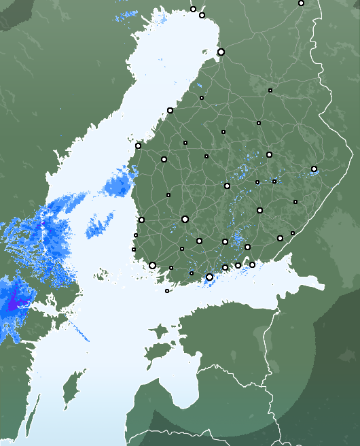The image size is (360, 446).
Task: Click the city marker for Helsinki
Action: (209, 277)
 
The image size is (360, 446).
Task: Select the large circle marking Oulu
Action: (221, 52)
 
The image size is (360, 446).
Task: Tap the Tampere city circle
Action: (185, 219)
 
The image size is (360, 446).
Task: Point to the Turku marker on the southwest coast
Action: (152, 265)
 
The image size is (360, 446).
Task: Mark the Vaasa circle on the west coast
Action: (138, 145)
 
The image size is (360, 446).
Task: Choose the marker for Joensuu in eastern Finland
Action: (314, 169)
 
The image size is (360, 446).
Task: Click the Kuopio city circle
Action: (269, 154)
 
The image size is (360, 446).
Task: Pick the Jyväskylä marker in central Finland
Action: (227, 185)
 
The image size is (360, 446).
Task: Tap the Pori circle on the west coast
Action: (141, 220)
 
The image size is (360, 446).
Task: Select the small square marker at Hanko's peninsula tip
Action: (167, 291)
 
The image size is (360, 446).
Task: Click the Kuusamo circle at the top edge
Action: (301, 3)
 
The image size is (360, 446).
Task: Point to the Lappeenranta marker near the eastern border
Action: (280, 238)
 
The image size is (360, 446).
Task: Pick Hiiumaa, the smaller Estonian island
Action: (158, 332)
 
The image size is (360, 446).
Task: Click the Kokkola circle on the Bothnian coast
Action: (170, 110)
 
